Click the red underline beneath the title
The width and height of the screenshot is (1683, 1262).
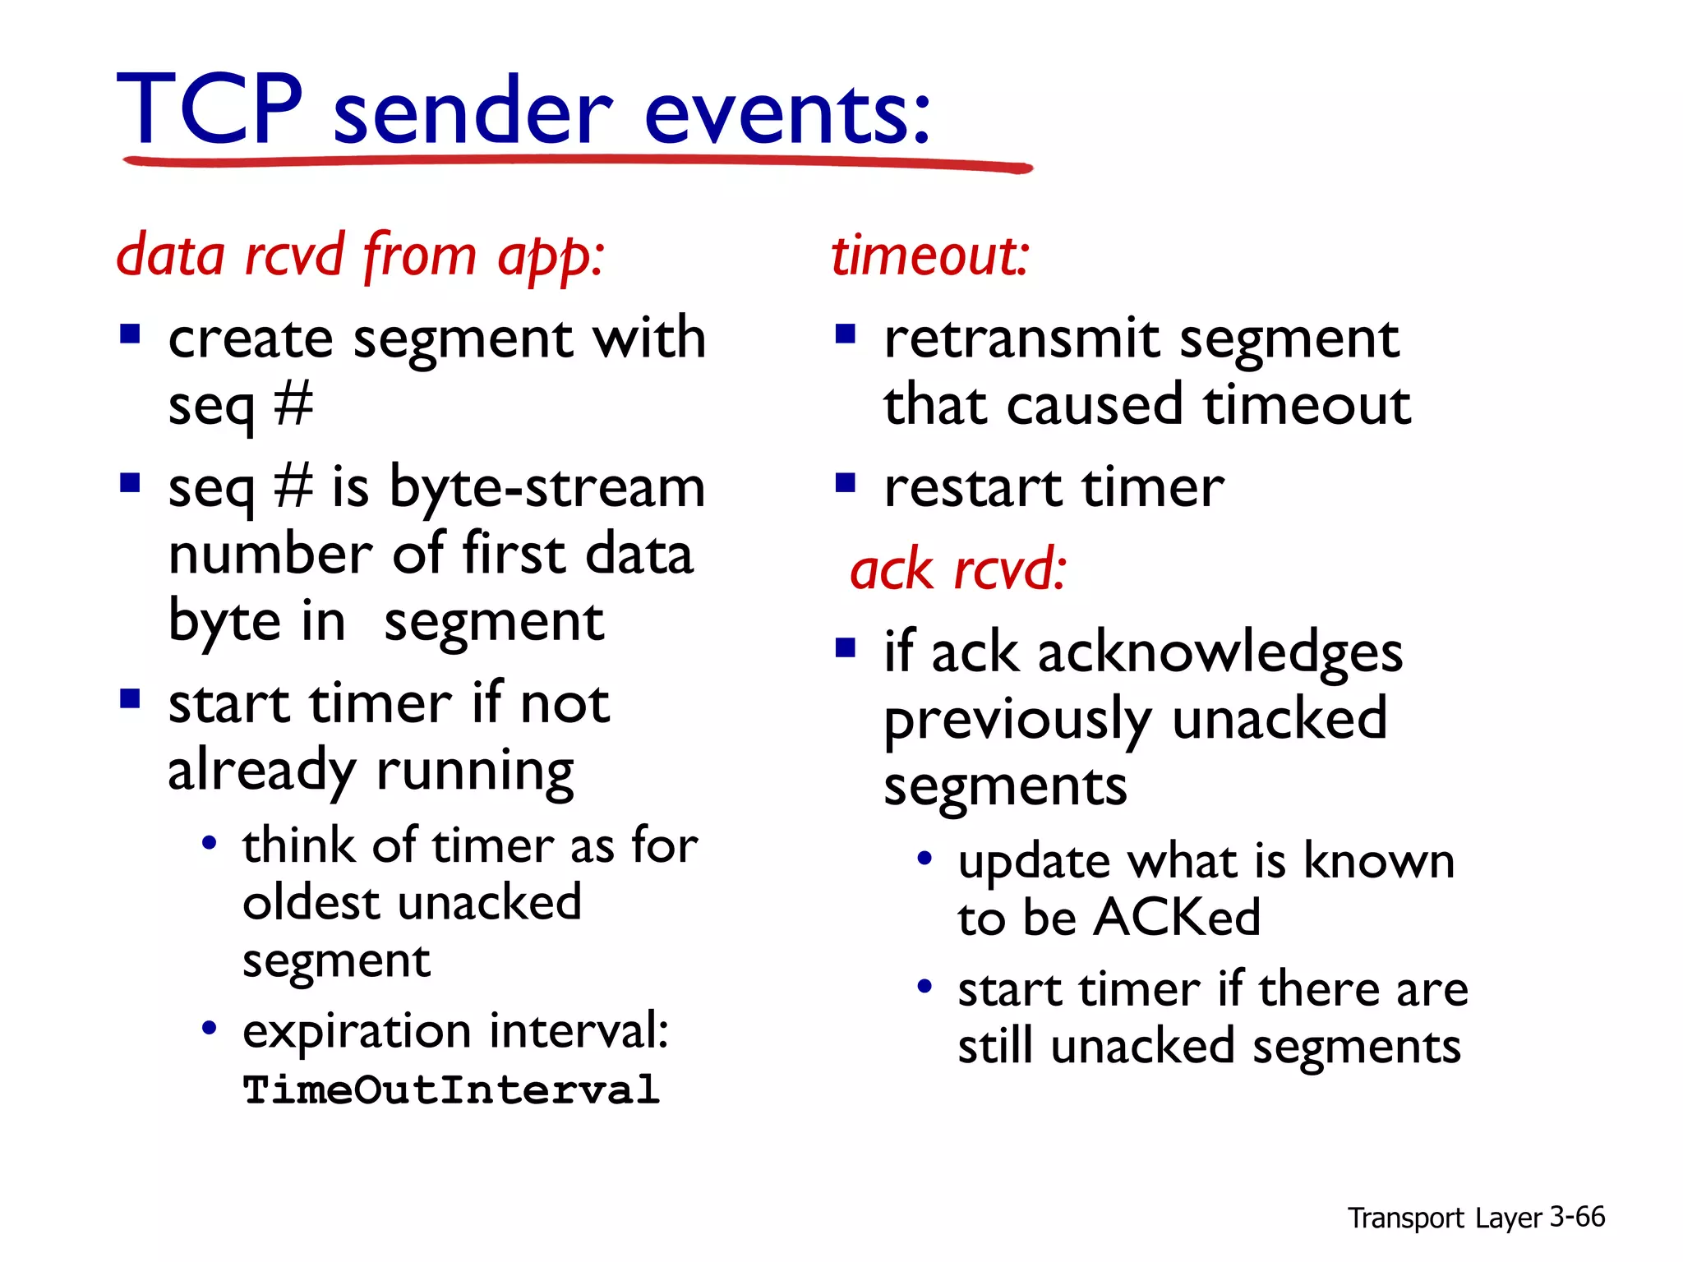click(x=575, y=162)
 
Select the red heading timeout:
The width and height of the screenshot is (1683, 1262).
click(x=929, y=256)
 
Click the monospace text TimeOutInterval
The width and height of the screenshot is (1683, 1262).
click(x=451, y=1090)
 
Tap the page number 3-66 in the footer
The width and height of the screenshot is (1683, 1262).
click(x=1577, y=1217)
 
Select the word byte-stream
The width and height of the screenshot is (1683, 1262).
click(x=546, y=487)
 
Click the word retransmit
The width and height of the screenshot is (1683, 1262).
click(x=1021, y=339)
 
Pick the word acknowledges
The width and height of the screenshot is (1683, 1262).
click(x=1220, y=654)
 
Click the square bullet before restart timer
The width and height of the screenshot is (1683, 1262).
click(x=846, y=482)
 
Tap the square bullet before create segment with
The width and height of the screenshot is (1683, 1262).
click(x=130, y=334)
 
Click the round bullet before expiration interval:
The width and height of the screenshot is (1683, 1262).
click(x=210, y=1028)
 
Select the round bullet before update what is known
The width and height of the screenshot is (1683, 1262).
click(x=925, y=859)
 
